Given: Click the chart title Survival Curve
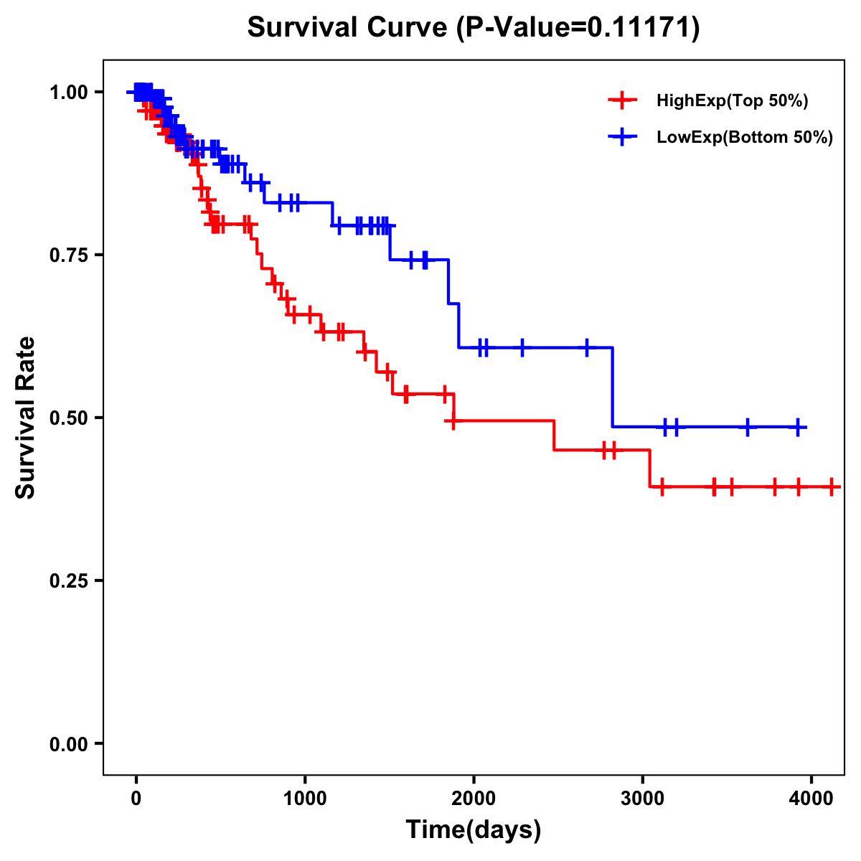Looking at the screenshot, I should (x=348, y=27).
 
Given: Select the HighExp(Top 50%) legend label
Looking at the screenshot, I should (x=733, y=101).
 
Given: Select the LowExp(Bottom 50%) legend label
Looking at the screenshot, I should (x=745, y=138).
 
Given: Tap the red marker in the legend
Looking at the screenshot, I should (x=622, y=100).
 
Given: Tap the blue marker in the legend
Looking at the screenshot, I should (x=622, y=137).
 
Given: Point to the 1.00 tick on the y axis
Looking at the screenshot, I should (x=69, y=93).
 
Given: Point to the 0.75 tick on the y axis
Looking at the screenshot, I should (x=69, y=255).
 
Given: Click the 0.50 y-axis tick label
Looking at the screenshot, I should (x=69, y=418).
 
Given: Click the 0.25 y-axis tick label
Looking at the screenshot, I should (x=69, y=580).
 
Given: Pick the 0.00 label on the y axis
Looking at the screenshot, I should (x=69, y=743).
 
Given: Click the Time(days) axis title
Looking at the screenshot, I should (x=474, y=830).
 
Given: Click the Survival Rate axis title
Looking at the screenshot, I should (x=26, y=418).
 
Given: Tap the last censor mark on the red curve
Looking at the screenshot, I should (x=831, y=487).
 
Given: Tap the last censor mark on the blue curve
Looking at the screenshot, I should (x=798, y=428).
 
